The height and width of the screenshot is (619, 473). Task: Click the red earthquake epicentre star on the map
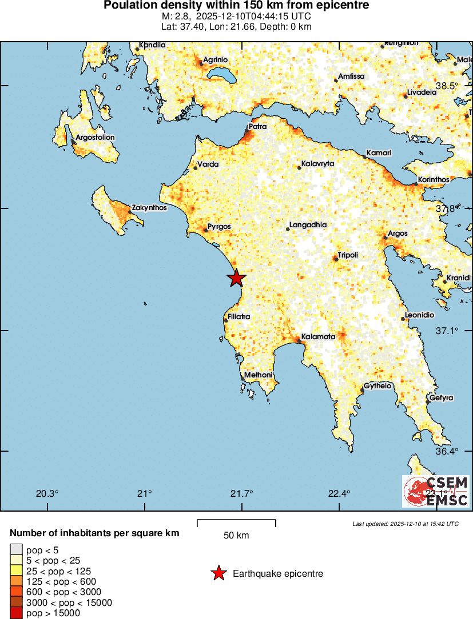pyautogui.click(x=236, y=278)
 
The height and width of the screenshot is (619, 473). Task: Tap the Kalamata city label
pyautogui.click(x=318, y=337)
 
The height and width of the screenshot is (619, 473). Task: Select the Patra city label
pyautogui.click(x=257, y=126)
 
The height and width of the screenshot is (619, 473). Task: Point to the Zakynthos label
pyautogui.click(x=149, y=208)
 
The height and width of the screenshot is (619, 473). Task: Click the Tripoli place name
pyautogui.click(x=348, y=255)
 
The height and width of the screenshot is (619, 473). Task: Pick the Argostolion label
pyautogui.click(x=95, y=138)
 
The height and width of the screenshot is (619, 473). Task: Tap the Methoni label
pyautogui.click(x=258, y=375)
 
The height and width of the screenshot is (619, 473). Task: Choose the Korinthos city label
pyautogui.click(x=434, y=179)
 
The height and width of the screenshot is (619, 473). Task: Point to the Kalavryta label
pyautogui.click(x=317, y=164)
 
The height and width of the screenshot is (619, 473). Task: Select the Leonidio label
pyautogui.click(x=419, y=315)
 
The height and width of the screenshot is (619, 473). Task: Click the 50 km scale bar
pyautogui.click(x=236, y=522)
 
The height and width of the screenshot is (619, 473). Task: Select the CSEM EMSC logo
pyautogui.click(x=436, y=492)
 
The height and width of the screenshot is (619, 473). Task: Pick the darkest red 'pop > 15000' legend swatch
pyautogui.click(x=16, y=613)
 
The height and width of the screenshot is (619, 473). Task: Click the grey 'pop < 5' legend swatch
pyautogui.click(x=16, y=550)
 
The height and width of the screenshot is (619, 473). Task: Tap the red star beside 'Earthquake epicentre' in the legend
pyautogui.click(x=218, y=573)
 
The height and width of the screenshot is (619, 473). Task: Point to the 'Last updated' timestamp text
pyautogui.click(x=406, y=524)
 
